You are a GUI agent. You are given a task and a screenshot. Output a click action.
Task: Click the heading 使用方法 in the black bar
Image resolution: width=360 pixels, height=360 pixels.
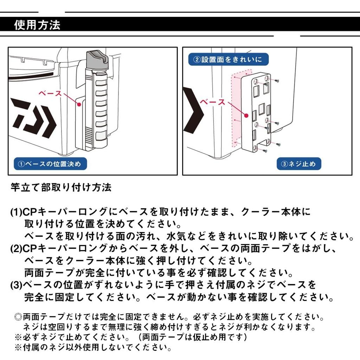[x=37, y=25]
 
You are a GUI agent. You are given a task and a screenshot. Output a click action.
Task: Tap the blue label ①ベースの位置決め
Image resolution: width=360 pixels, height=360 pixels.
[x=50, y=164]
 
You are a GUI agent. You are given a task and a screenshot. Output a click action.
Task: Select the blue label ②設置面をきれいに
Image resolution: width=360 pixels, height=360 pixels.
[x=228, y=59]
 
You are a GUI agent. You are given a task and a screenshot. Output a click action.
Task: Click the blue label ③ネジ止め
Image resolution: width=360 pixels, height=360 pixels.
[x=299, y=164]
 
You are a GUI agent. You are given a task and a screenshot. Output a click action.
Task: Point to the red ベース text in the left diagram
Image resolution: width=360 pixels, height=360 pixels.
[x=50, y=94]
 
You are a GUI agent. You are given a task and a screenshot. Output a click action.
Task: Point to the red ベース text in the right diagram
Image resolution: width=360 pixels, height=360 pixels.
[x=213, y=102]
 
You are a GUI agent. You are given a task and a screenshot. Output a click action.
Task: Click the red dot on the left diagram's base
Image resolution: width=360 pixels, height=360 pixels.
[x=79, y=104]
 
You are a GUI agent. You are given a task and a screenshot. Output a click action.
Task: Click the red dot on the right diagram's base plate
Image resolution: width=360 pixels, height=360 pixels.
[x=246, y=115]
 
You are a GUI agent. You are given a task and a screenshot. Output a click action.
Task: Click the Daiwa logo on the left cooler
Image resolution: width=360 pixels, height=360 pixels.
[x=33, y=118]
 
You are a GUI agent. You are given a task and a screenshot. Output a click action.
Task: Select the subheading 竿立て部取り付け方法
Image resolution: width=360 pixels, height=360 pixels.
[x=61, y=188]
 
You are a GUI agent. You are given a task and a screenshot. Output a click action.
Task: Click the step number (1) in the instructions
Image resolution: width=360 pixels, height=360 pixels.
[x=16, y=212]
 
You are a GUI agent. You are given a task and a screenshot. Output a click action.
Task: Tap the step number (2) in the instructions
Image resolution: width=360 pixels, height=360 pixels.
[x=16, y=249]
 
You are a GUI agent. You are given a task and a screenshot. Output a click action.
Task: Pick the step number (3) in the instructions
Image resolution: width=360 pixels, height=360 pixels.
[x=16, y=285]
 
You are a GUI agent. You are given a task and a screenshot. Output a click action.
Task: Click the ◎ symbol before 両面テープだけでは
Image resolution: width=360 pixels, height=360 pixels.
[x=18, y=317]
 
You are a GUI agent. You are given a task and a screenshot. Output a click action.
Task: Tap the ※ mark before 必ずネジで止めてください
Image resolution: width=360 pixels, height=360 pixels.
[x=18, y=337]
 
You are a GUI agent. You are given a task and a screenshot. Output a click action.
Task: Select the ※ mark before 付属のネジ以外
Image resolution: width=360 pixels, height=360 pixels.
[x=18, y=347]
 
